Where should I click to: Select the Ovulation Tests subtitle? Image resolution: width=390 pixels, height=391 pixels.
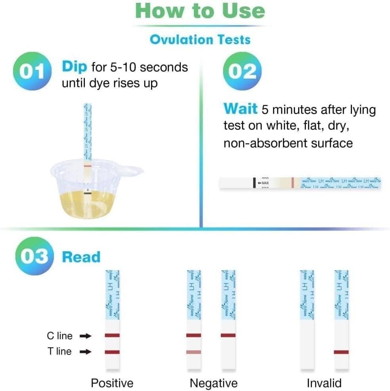pos(200,40)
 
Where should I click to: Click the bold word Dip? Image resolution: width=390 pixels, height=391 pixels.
pos(74,67)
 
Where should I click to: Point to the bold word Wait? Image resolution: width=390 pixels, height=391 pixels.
pos(240,109)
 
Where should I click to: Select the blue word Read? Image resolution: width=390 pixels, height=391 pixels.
pos(81,257)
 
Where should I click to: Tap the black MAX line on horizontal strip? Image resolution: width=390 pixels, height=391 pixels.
pos(254,183)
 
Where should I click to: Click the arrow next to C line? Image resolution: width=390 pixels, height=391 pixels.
pos(85,336)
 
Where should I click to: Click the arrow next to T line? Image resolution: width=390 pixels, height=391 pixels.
pos(85,352)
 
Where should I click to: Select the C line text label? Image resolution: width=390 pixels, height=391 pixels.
pos(59,336)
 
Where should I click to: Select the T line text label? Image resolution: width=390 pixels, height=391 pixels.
pos(59,352)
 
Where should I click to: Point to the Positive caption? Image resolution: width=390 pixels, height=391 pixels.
pos(112,383)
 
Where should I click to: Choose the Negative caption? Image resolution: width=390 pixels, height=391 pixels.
pos(214,383)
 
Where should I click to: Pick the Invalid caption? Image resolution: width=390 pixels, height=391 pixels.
pos(324,383)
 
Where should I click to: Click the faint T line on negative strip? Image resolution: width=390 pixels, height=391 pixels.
pos(193,352)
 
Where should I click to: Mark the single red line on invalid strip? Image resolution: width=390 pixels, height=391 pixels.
pos(341,352)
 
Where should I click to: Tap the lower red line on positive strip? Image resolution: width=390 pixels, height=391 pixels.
pos(112,352)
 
